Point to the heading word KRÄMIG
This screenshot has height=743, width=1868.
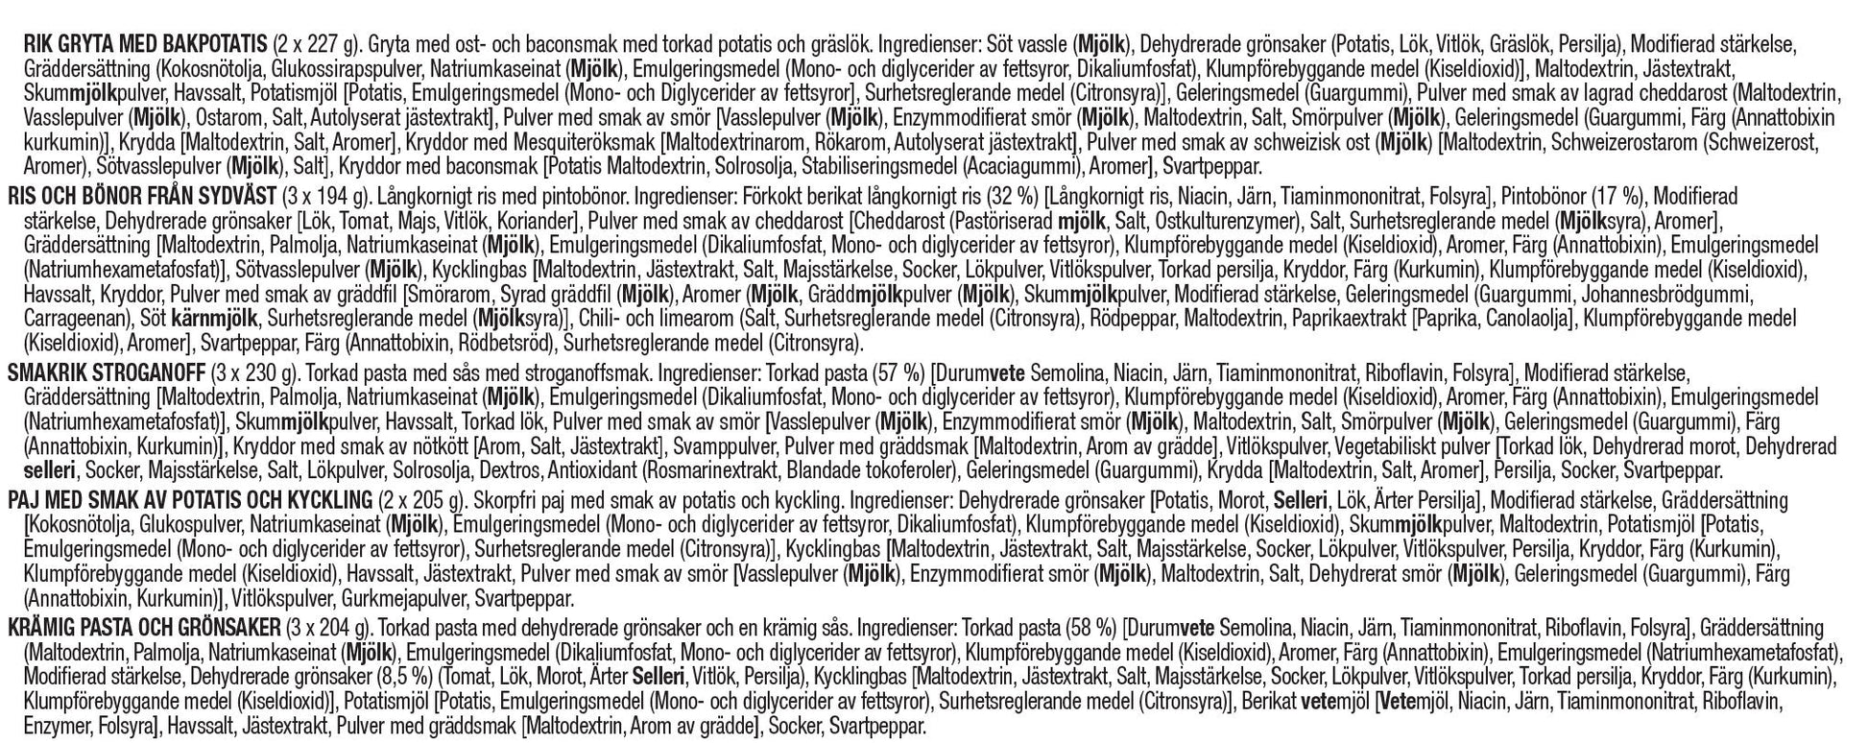click(52, 629)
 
